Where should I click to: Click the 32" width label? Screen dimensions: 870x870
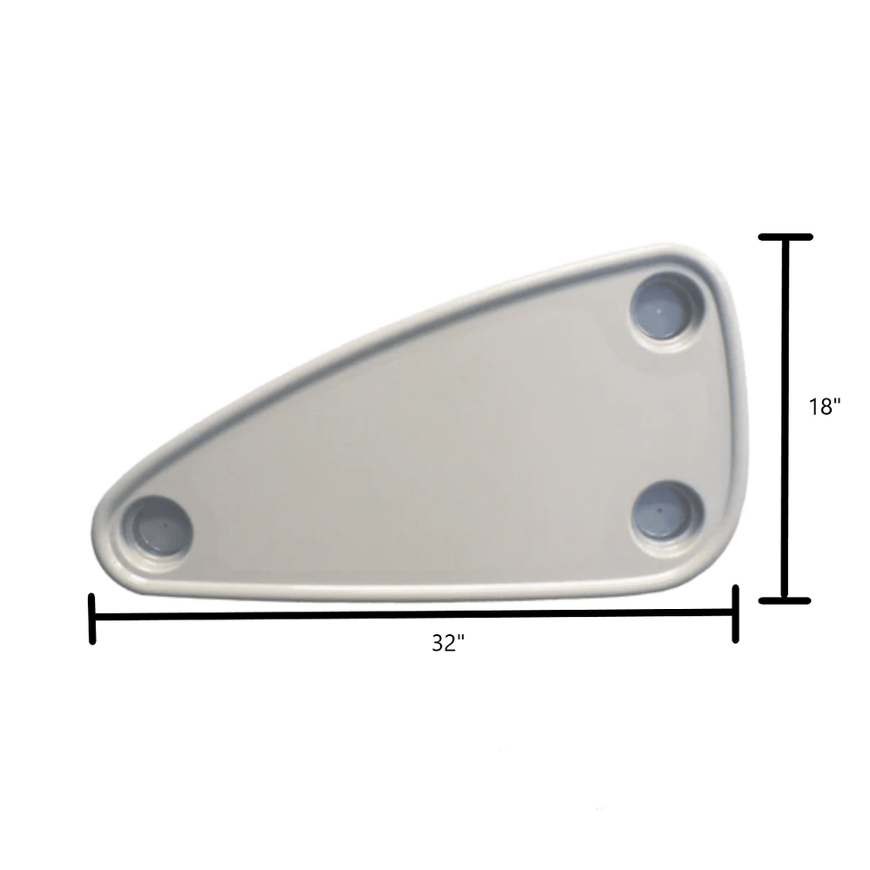(448, 644)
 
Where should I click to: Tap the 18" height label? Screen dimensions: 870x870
(824, 405)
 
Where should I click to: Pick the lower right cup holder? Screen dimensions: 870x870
(666, 509)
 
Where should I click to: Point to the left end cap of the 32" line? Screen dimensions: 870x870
(92, 619)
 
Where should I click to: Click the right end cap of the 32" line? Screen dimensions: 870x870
(736, 614)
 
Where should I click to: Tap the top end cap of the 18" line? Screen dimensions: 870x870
(786, 237)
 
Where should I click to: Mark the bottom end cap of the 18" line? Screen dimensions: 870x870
(786, 599)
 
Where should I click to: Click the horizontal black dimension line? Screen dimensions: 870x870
(414, 616)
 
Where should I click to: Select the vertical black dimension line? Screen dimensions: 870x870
(786, 418)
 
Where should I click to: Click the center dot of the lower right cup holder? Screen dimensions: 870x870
(662, 507)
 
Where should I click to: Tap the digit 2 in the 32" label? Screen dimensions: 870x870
(451, 644)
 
